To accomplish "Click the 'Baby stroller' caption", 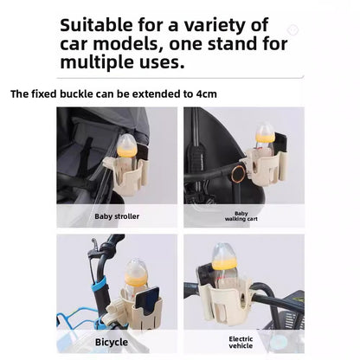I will tap(117, 215).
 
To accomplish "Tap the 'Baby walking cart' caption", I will tap(241, 215).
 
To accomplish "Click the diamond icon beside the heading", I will tap(292, 30).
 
